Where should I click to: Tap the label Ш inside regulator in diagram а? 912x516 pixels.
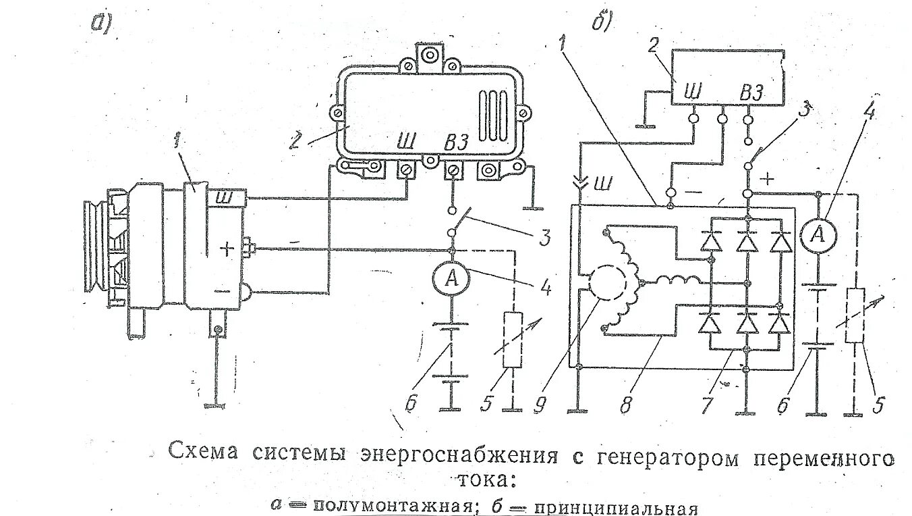(x=407, y=141)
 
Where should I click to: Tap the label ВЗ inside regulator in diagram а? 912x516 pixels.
(x=456, y=143)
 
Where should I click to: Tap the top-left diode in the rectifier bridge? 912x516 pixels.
(x=708, y=241)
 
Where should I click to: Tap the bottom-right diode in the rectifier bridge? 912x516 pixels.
(x=780, y=326)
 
